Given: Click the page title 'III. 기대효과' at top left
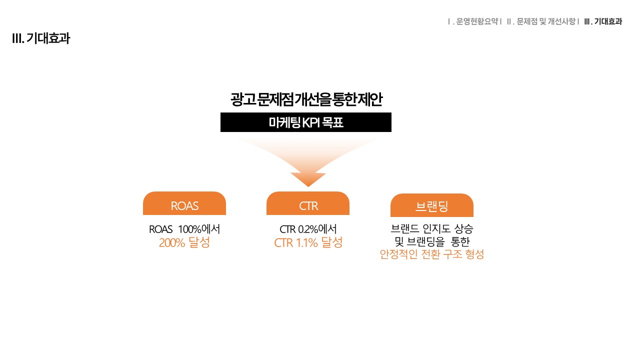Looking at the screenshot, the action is point(41,38).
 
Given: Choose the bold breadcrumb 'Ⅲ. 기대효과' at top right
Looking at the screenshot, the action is point(603,21).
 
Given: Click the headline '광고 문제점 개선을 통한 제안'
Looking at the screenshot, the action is point(306,99).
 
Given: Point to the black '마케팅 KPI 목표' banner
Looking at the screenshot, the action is point(305,122).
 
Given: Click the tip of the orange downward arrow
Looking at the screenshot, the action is point(308,186).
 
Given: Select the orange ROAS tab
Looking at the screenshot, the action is point(184,203).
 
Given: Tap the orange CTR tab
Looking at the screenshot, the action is point(307,203).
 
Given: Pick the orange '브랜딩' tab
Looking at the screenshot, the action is point(431,205).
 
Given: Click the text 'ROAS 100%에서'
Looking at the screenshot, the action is point(184,229).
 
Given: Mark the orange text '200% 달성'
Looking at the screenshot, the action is point(184,242).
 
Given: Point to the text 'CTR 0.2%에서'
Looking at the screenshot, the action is point(308,229).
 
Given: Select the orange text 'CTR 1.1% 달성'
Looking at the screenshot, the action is point(308,242).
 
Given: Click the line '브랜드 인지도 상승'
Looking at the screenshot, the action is point(431,228).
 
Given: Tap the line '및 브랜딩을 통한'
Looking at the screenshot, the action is point(432,241).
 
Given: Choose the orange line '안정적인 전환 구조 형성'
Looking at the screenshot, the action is point(431,254).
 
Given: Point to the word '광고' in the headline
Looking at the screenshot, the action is point(243,99).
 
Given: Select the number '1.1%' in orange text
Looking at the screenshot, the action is point(306,243).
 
